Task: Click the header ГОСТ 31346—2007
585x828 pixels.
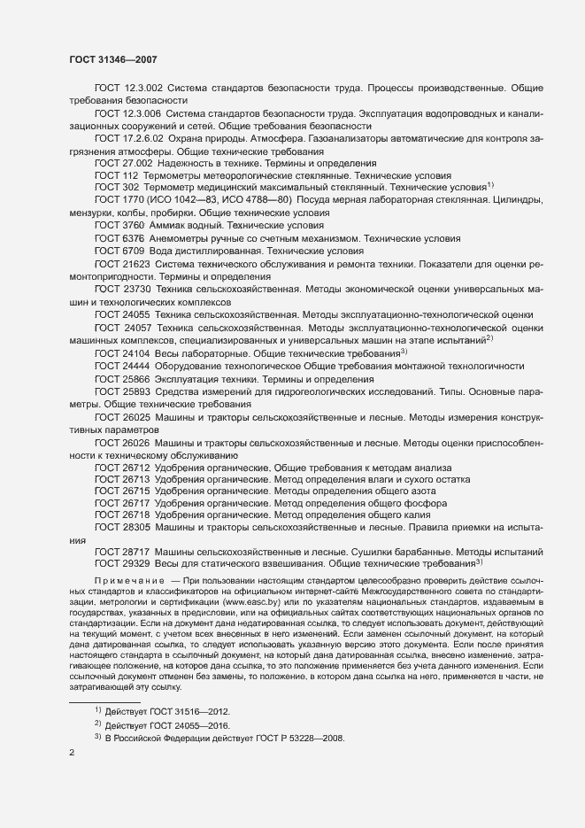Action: click(x=114, y=58)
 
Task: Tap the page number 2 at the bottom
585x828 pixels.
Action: click(x=72, y=754)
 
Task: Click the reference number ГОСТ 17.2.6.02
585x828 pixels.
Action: click(x=127, y=139)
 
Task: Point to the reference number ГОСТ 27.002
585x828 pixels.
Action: click(x=123, y=164)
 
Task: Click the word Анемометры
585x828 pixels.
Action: click(x=189, y=239)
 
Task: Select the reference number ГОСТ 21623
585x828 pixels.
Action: click(x=123, y=265)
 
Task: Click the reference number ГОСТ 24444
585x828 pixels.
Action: click(x=123, y=366)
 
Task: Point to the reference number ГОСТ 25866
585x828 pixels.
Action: click(x=123, y=378)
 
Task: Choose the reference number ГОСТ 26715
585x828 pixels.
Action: click(x=123, y=490)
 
